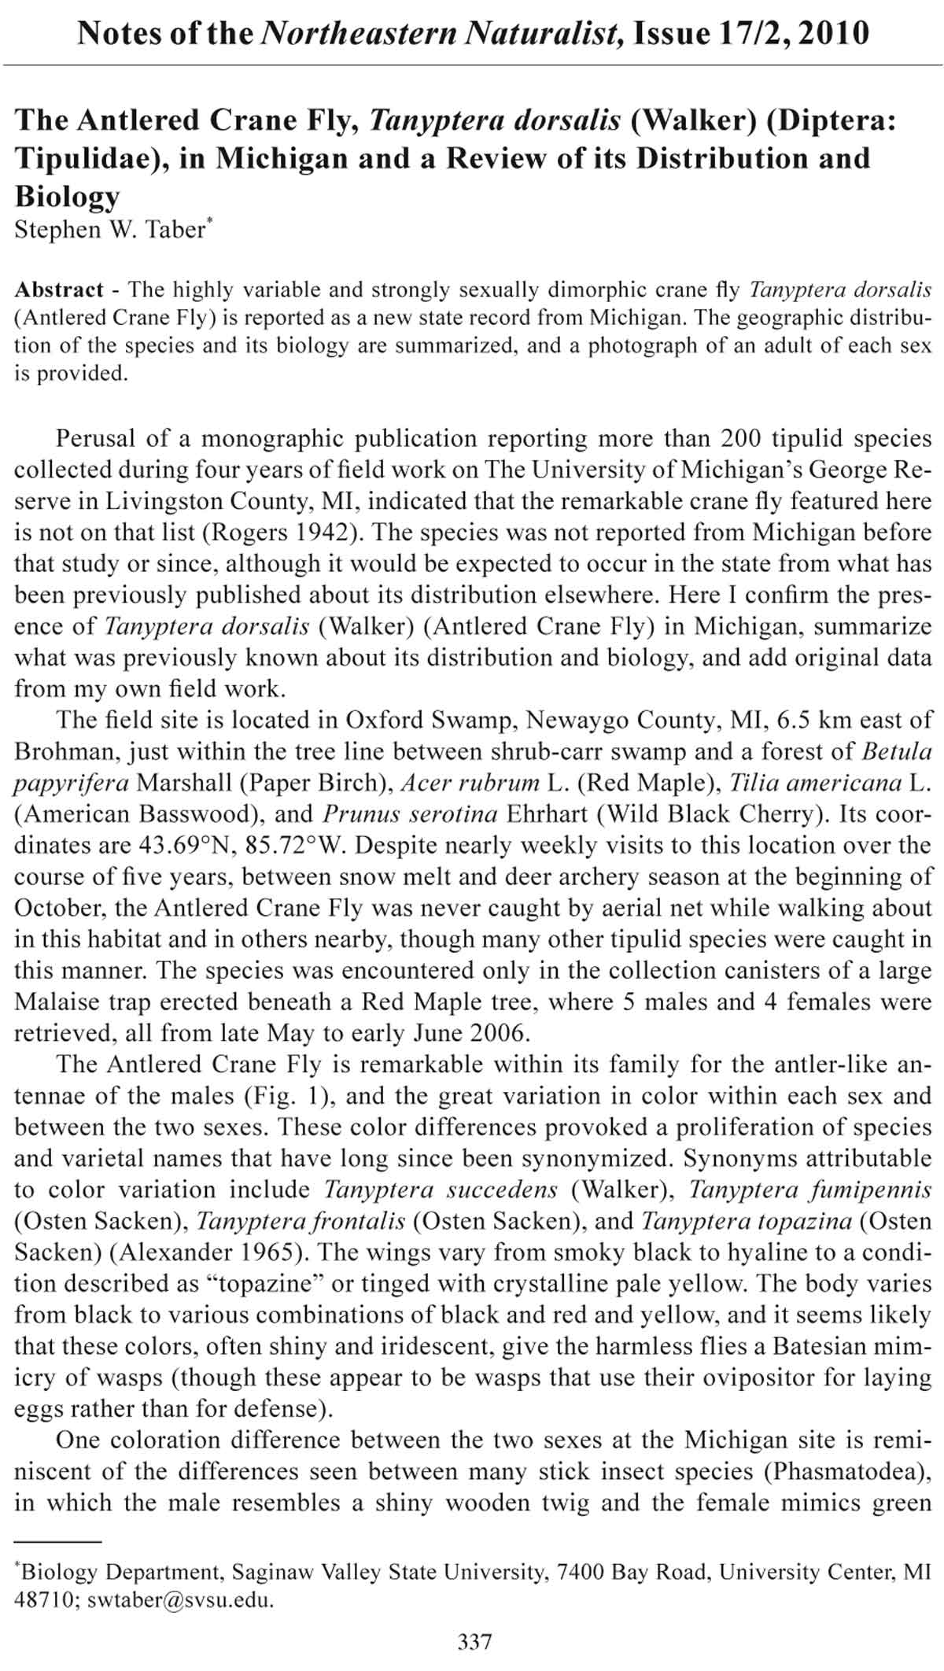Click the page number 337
click(474, 1641)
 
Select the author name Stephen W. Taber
click(109, 230)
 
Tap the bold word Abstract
click(59, 290)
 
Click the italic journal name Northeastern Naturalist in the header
click(440, 34)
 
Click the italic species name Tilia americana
click(814, 783)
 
